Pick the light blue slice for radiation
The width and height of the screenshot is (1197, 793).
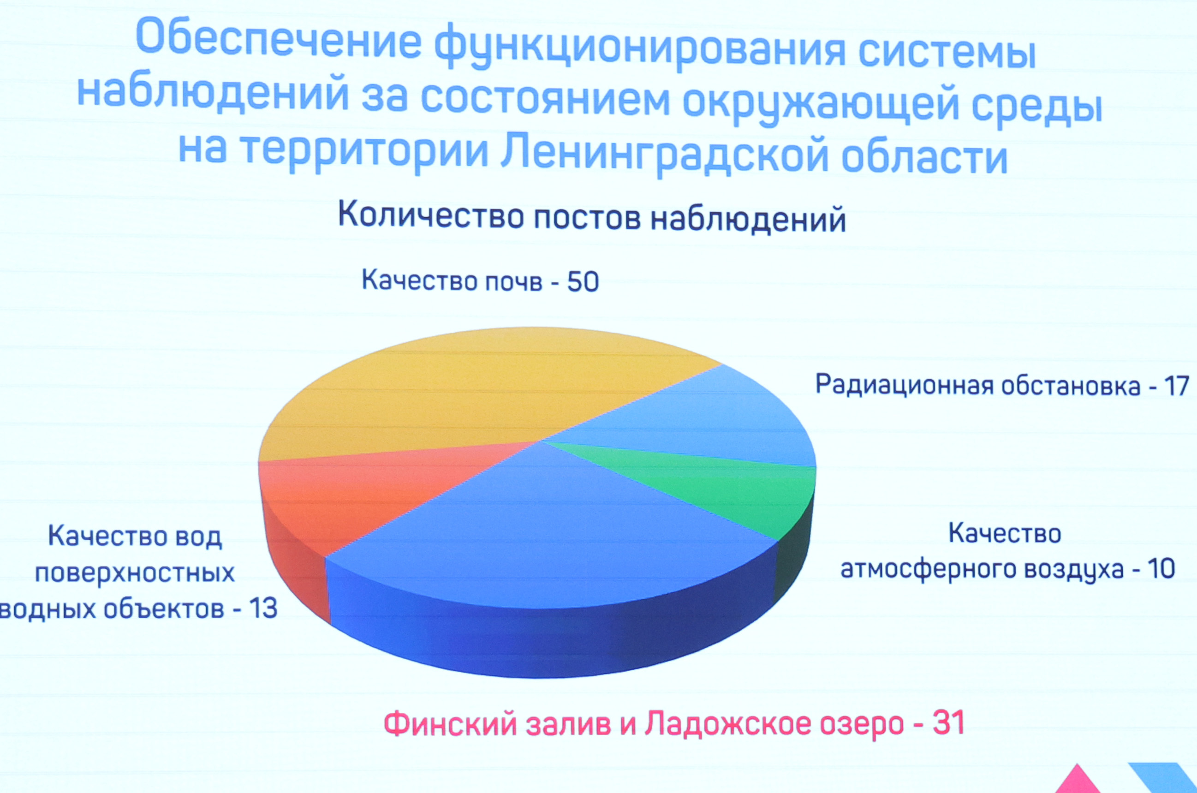(x=698, y=420)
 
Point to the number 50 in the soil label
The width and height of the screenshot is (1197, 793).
(x=583, y=282)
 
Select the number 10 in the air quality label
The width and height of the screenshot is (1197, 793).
(x=1160, y=569)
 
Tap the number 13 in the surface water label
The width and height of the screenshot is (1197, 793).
(x=263, y=608)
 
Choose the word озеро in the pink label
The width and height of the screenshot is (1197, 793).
(x=862, y=724)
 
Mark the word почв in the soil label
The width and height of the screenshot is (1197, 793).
(x=514, y=282)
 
